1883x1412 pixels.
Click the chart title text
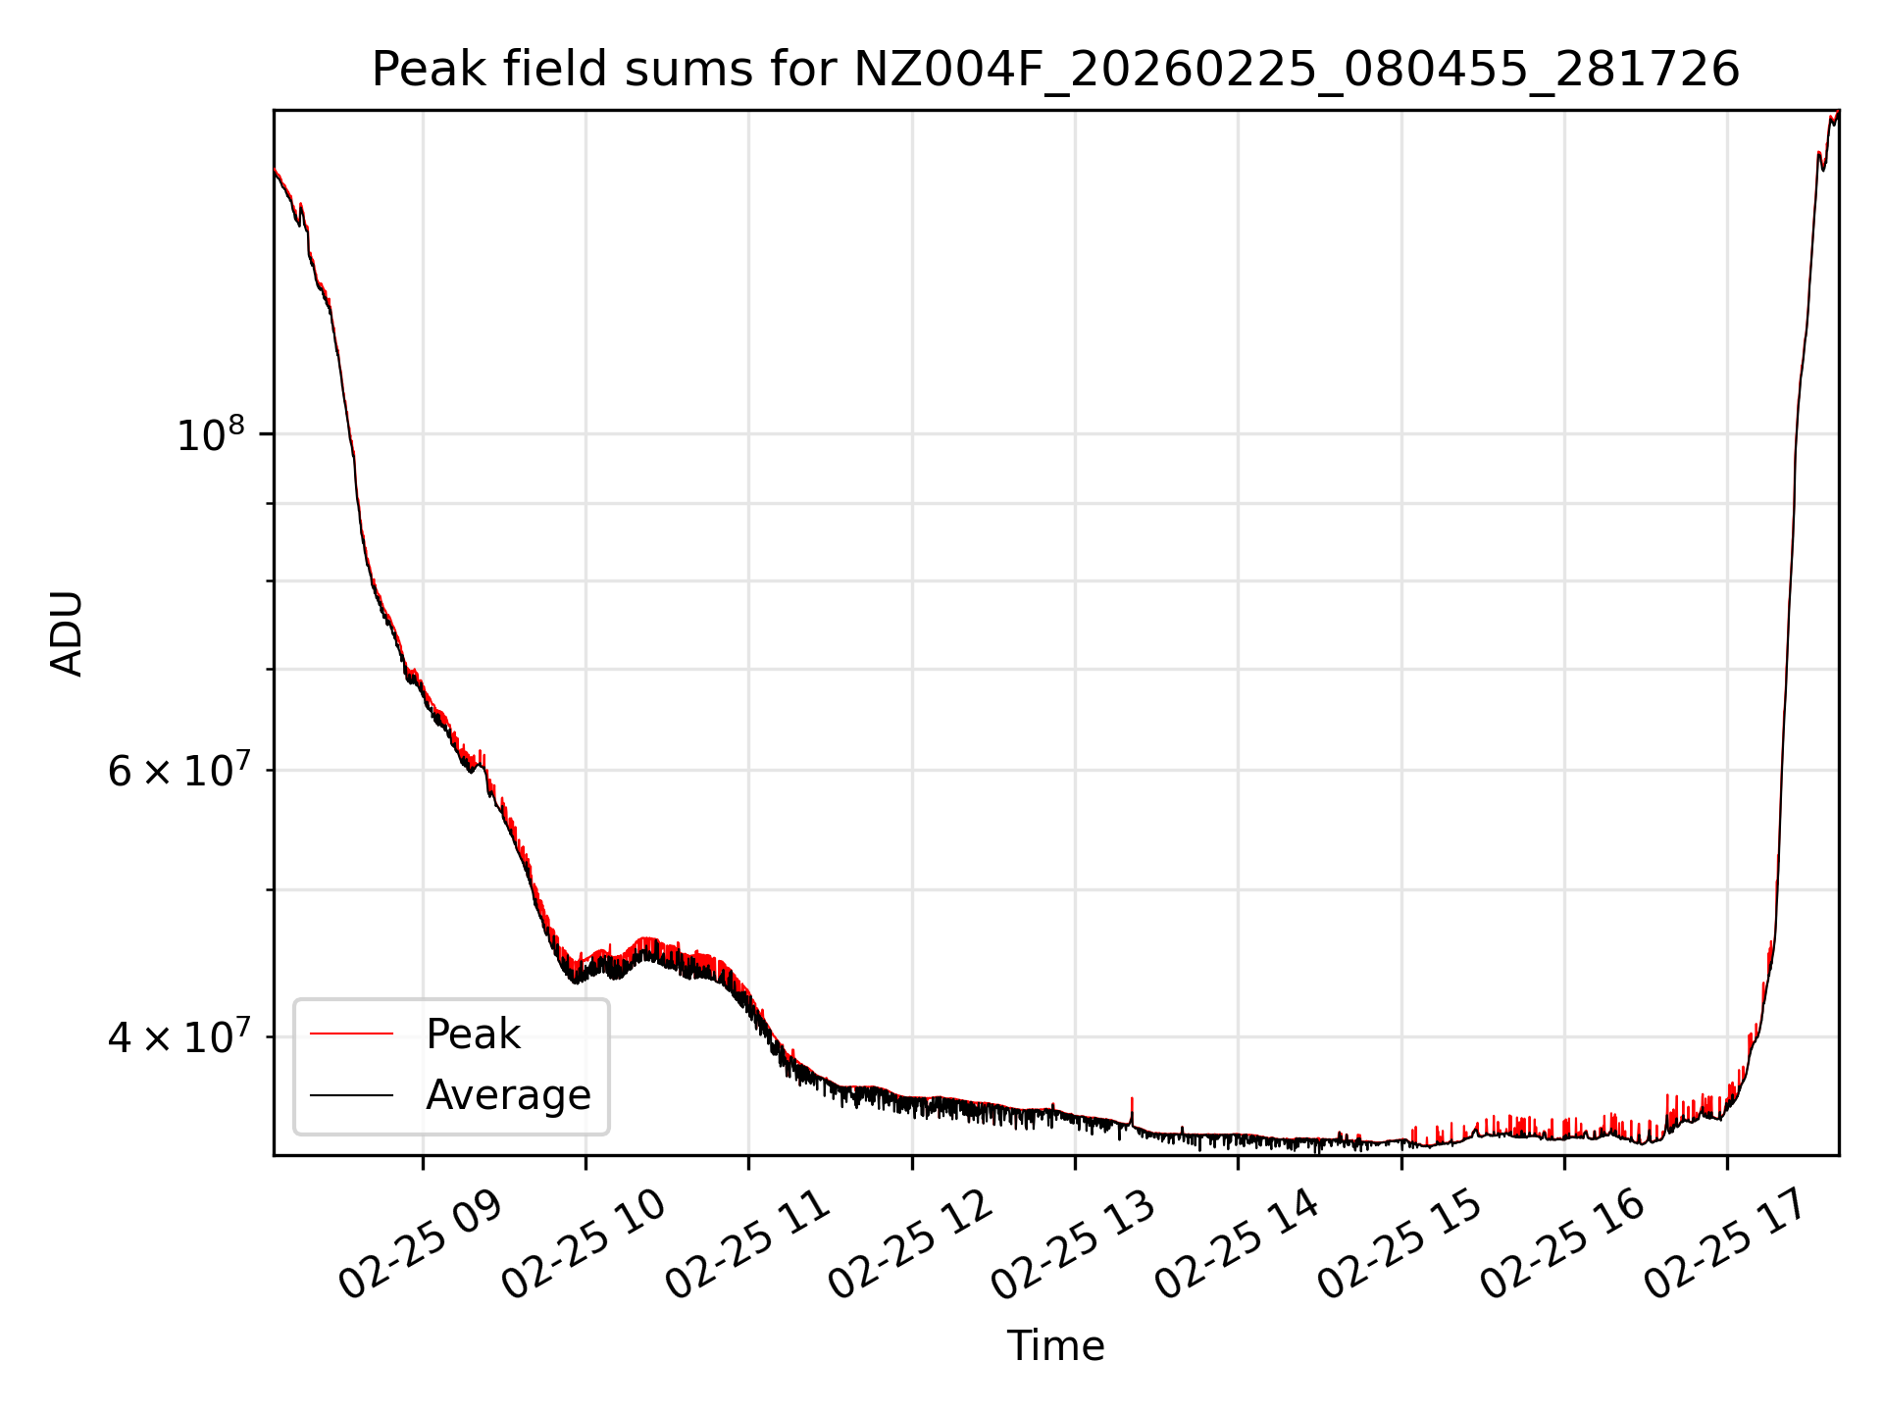[1055, 70]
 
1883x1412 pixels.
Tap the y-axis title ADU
[67, 633]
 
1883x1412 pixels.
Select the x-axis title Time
[1055, 1346]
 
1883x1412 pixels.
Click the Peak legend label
[473, 1034]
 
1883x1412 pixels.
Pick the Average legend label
[508, 1095]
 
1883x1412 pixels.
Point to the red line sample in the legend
[351, 1034]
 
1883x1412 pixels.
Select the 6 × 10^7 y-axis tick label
[178, 771]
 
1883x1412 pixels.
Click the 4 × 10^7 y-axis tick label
[178, 1036]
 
